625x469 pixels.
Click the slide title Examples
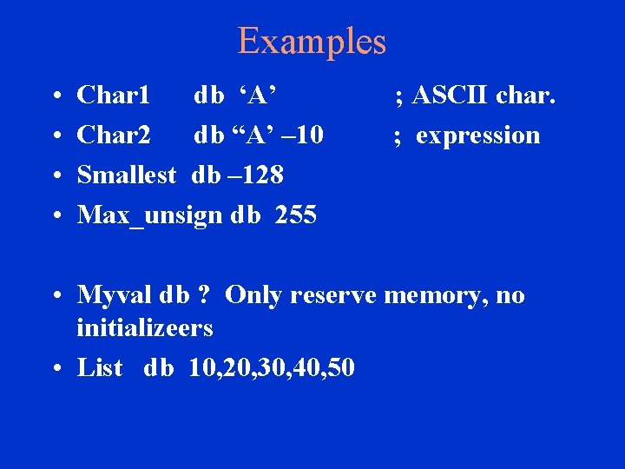312,41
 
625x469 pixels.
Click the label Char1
114,95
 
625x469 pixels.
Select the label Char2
114,135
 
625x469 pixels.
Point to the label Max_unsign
150,215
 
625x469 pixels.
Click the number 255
296,215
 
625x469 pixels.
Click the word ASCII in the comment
451,95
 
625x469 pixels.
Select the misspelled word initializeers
145,328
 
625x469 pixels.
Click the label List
100,367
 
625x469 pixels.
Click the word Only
253,296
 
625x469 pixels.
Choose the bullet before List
55,368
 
